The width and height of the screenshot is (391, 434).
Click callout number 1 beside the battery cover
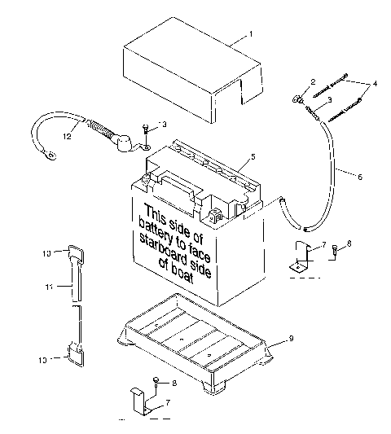(252, 34)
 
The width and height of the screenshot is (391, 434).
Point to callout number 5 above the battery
(253, 155)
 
